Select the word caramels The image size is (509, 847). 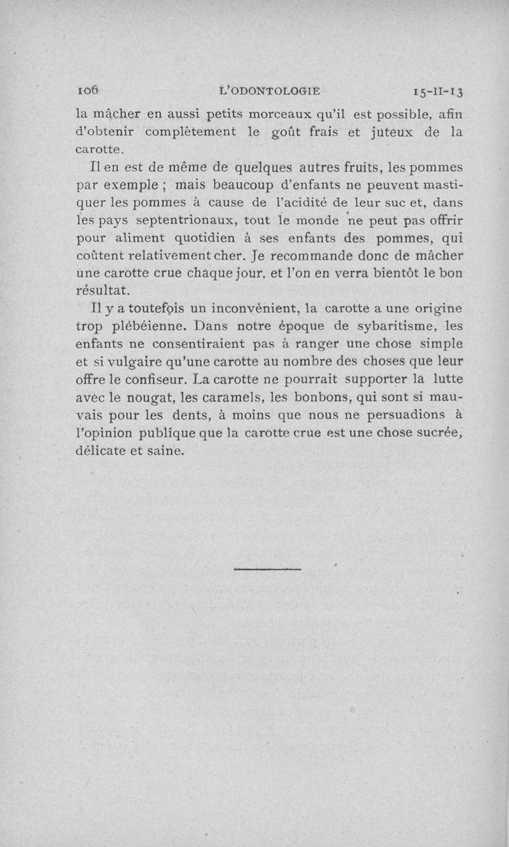click(x=228, y=398)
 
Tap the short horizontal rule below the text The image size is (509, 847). click(x=267, y=569)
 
